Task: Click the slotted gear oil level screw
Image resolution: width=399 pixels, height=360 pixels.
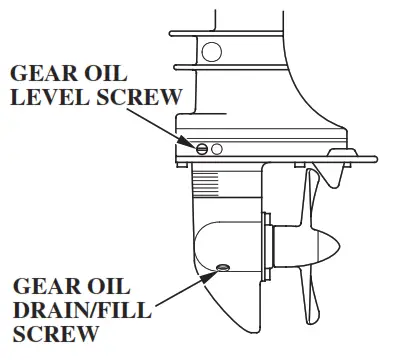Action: click(203, 149)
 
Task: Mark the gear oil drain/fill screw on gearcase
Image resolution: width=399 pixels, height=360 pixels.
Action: click(221, 267)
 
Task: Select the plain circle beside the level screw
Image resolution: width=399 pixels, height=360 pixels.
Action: click(217, 149)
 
